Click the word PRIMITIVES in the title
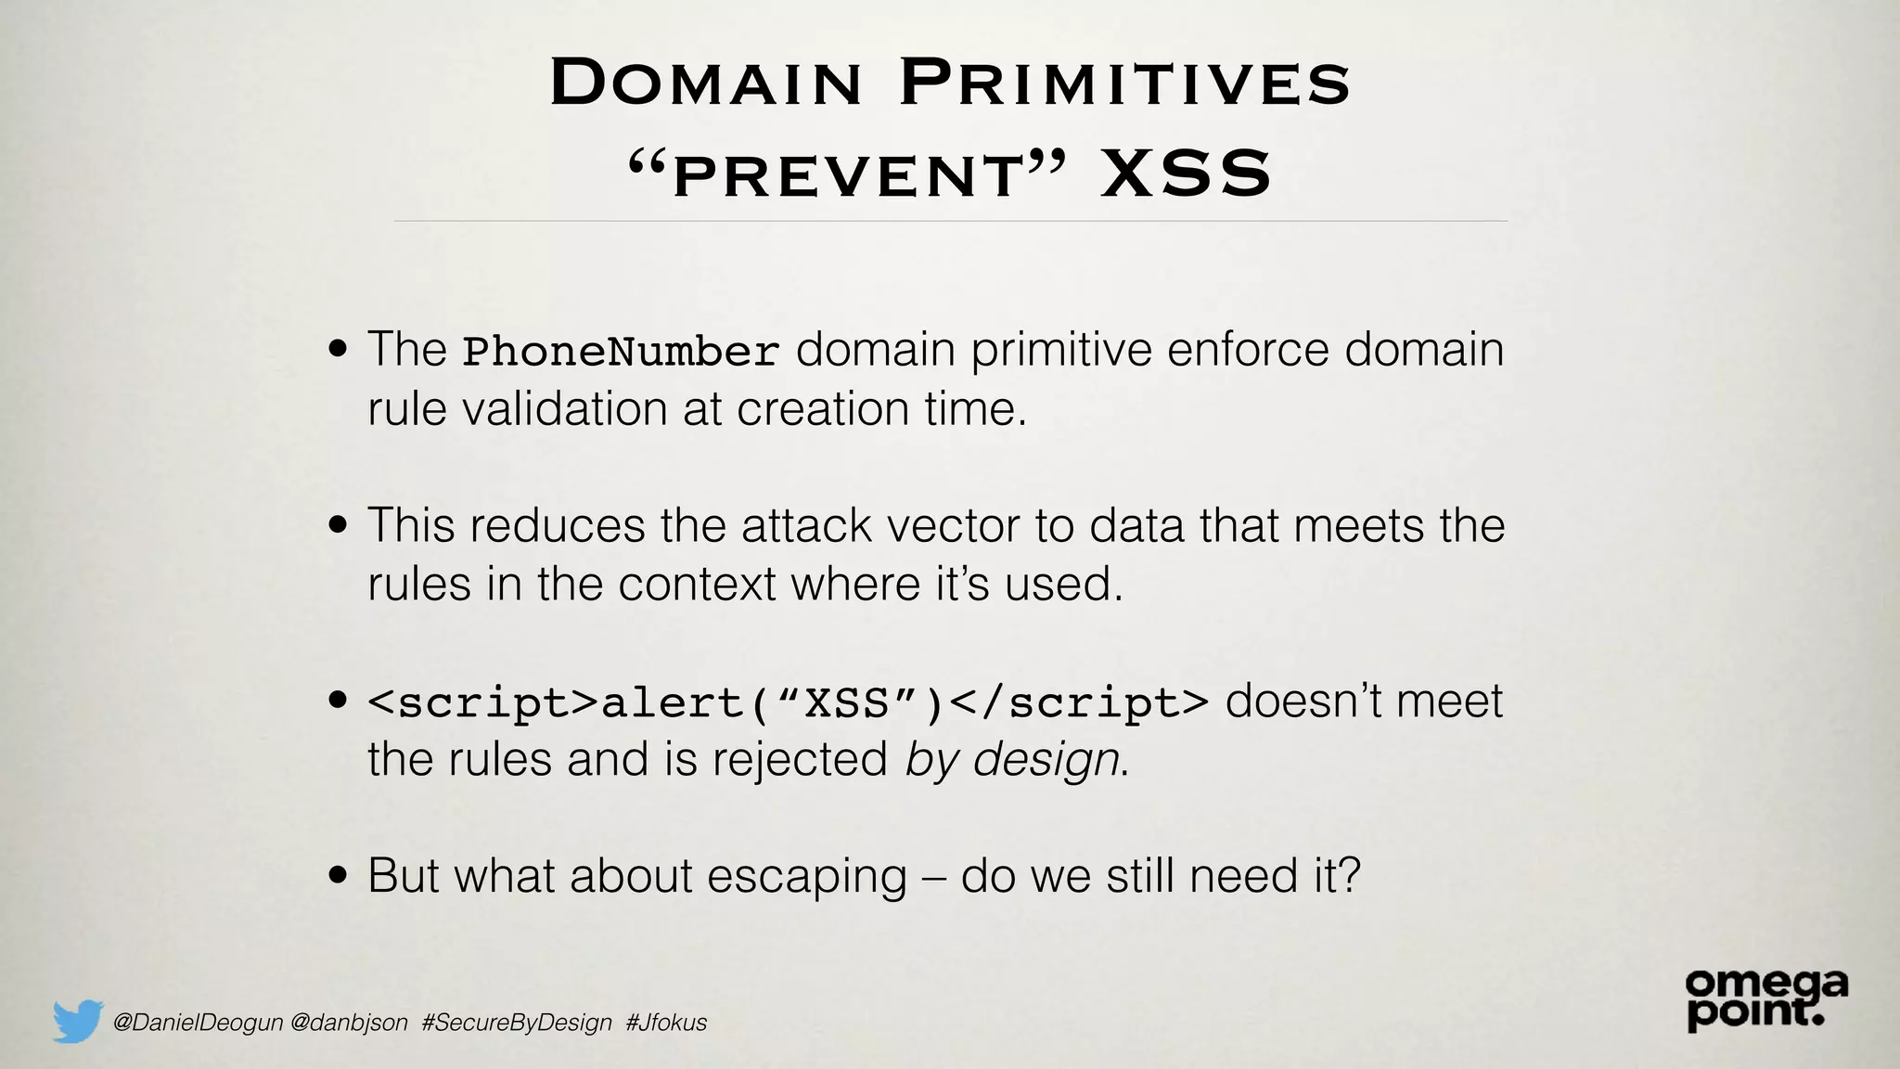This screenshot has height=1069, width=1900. click(1124, 84)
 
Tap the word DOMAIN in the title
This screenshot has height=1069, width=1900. click(706, 84)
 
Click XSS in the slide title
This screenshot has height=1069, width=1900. click(1186, 174)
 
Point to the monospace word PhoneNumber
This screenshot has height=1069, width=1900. click(621, 352)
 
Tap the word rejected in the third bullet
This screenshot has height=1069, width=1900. click(800, 760)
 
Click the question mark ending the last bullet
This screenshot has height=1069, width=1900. click(1349, 875)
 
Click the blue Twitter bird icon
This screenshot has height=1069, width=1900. click(77, 1021)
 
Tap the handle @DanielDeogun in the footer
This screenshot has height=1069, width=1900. click(197, 1023)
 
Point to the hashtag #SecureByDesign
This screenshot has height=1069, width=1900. click(516, 1023)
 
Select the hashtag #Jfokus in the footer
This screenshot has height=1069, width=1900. click(666, 1023)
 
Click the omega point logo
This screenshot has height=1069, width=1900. click(1765, 998)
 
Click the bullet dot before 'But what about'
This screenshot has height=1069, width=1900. click(339, 876)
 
